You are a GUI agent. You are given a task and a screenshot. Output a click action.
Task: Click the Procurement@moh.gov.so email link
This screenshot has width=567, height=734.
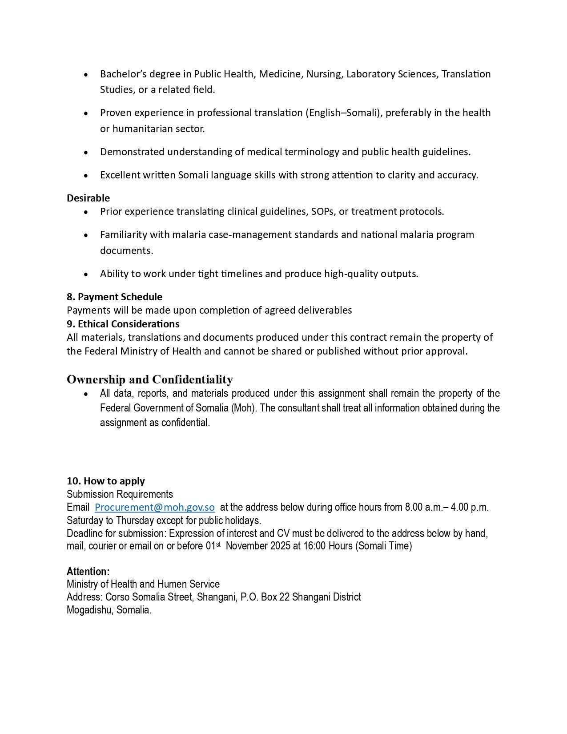tap(155, 507)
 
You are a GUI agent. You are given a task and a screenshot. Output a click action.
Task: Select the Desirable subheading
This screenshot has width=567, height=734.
tap(88, 198)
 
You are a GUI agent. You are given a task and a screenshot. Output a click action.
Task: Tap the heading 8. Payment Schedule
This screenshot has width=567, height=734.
tap(114, 297)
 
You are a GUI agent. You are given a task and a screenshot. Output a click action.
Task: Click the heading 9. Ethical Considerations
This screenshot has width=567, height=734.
tap(123, 323)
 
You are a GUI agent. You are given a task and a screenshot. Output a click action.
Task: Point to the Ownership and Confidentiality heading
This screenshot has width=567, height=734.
tap(149, 379)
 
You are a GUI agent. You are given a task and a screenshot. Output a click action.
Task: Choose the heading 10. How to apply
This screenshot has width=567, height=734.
tap(105, 481)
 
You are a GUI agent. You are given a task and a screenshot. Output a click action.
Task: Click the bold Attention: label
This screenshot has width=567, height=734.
tap(88, 571)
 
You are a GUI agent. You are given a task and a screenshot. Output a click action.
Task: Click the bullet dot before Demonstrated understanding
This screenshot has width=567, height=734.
tap(86, 152)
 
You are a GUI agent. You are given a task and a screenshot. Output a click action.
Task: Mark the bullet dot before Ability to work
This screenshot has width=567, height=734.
tap(86, 274)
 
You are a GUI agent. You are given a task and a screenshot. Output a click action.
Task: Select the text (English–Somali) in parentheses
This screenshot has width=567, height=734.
tap(343, 113)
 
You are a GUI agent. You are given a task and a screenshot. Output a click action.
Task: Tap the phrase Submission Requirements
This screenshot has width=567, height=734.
tap(120, 494)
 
